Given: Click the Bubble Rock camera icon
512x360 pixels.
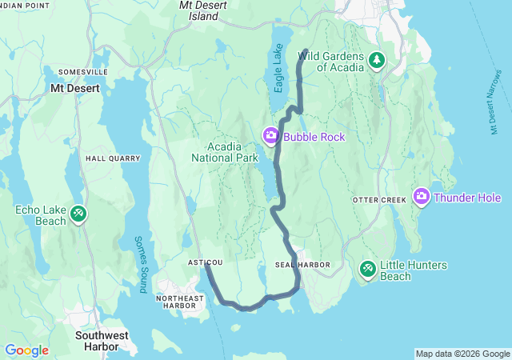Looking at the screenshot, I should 271,137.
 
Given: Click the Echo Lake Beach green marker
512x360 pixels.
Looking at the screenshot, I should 78,214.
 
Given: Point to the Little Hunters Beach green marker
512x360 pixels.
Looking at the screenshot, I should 367,270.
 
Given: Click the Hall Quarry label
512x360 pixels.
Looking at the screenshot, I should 113,158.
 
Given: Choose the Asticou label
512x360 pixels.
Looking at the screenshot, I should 204,262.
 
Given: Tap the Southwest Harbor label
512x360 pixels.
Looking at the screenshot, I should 97,341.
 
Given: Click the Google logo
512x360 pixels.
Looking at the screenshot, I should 26,350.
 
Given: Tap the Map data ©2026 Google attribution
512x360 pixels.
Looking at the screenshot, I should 462,354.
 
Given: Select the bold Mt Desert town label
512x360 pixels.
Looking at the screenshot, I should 75,89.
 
